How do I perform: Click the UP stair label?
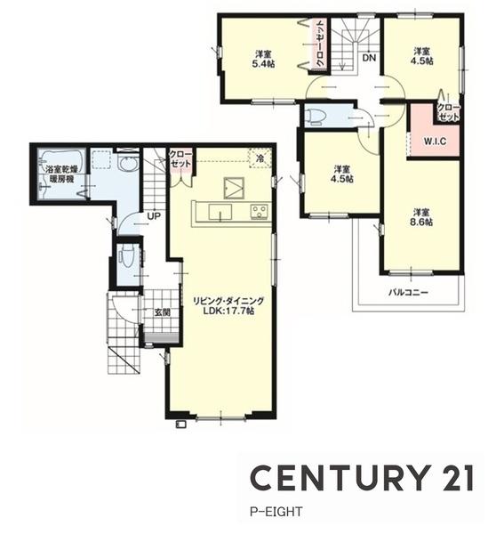[x=154, y=216]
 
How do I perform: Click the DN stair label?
[x=369, y=58]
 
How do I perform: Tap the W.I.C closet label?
[x=435, y=142]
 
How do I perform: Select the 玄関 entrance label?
[x=163, y=312]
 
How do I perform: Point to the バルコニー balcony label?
[x=408, y=292]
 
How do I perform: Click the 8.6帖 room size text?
[x=423, y=222]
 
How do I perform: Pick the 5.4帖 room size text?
[x=264, y=64]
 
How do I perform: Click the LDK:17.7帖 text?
[x=228, y=311]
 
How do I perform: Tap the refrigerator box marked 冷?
[x=260, y=158]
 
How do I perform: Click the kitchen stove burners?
[x=260, y=212]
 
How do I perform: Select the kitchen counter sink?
[x=220, y=213]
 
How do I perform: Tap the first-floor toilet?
[x=126, y=257]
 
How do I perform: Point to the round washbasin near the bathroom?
[x=128, y=165]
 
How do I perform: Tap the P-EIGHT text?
[x=276, y=512]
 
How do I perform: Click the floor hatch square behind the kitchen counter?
[x=234, y=188]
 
